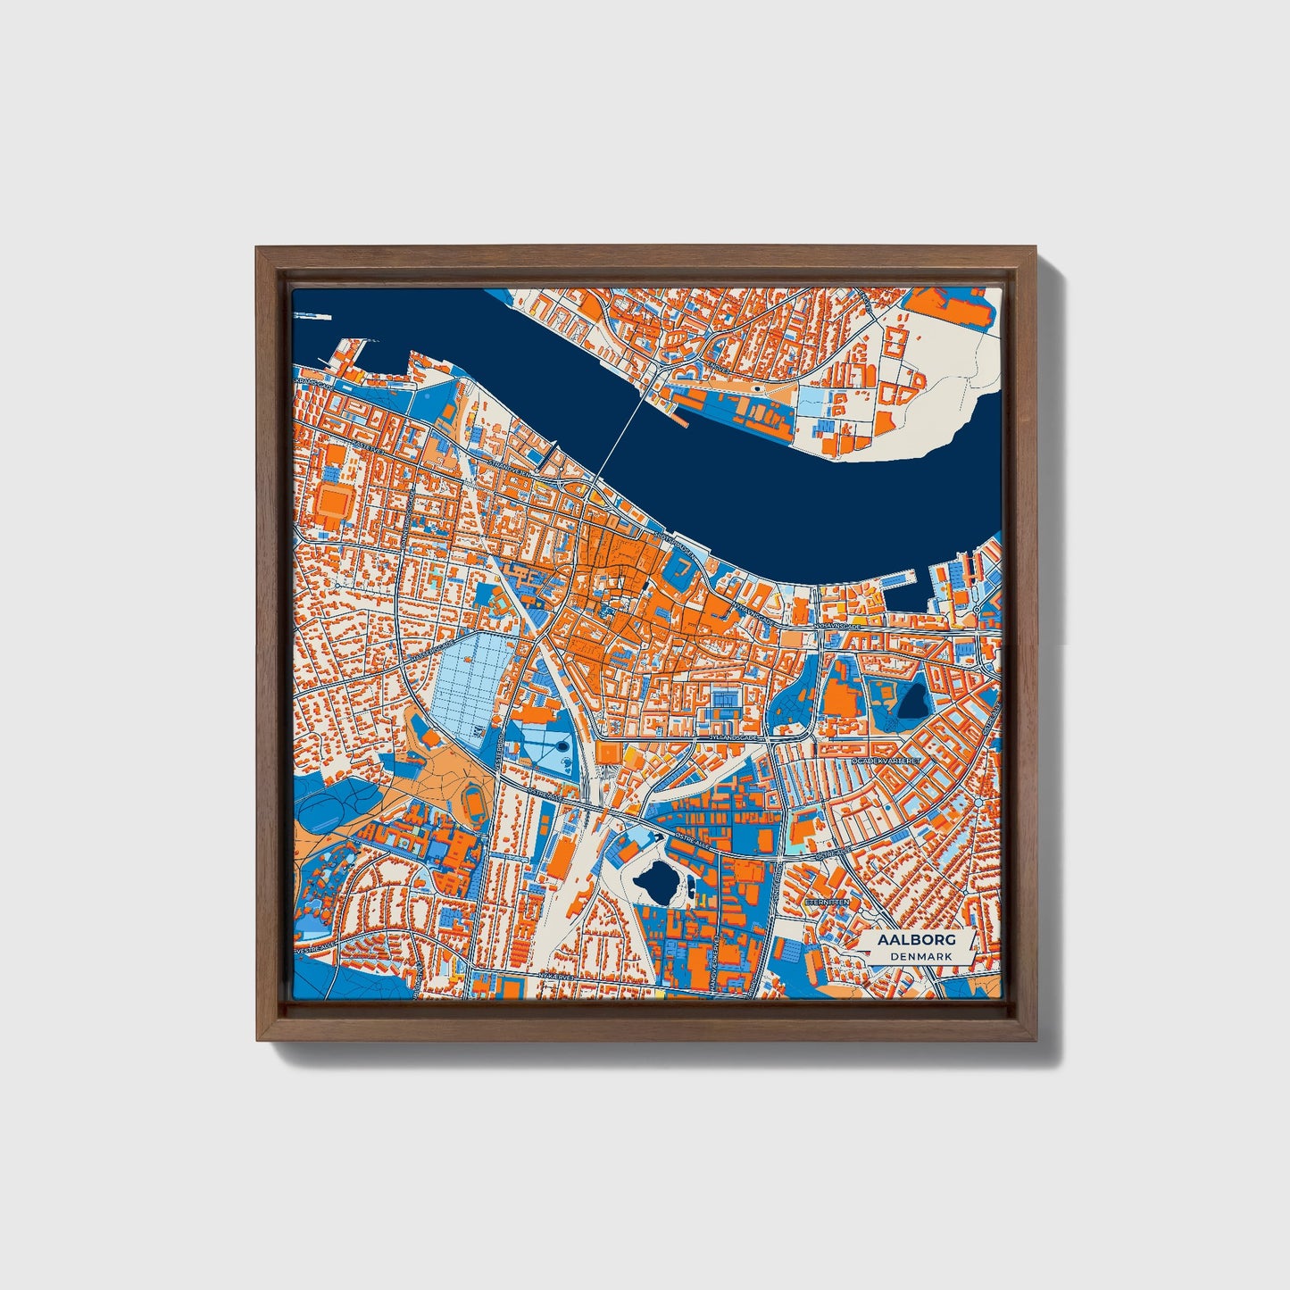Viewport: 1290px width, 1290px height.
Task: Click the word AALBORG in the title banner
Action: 917,940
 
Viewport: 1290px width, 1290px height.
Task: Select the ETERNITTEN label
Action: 825,903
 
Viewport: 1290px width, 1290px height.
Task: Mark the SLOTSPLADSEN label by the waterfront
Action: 674,542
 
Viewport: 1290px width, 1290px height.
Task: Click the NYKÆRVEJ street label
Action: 555,976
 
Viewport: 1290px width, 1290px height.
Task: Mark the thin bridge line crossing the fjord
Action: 620,443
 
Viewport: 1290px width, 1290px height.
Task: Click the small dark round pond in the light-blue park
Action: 562,744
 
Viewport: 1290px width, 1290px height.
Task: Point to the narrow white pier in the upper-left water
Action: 312,316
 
